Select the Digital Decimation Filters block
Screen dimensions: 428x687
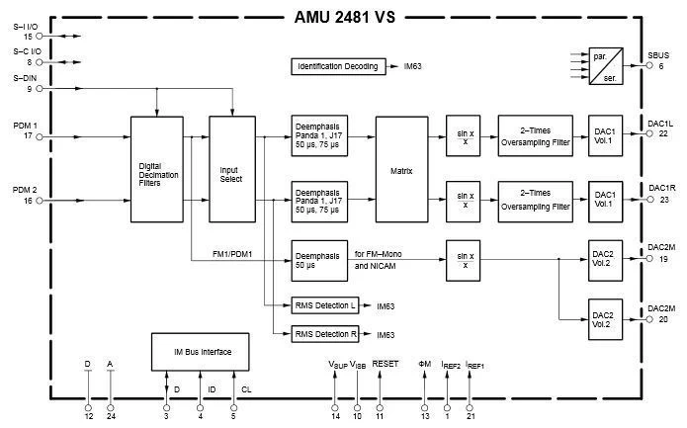(x=157, y=168)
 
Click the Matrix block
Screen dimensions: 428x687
(x=400, y=168)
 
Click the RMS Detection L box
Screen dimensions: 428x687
(x=325, y=306)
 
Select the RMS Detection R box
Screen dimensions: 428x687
(x=325, y=334)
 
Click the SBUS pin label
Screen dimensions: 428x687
(x=659, y=54)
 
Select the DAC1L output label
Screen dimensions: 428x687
(x=660, y=124)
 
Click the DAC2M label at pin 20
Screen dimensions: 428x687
(x=660, y=309)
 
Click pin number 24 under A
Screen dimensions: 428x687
(x=111, y=415)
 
